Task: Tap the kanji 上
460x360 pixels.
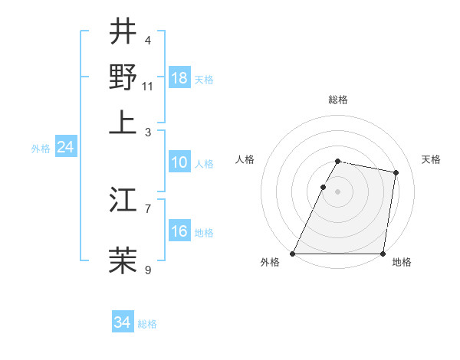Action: [123, 122]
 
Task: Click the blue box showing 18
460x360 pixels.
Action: [179, 77]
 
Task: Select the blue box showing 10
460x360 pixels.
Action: [179, 162]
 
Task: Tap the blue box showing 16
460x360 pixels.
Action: [179, 231]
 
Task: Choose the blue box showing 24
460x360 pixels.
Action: [65, 147]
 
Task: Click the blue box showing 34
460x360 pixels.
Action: [123, 322]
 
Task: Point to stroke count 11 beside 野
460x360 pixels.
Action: [148, 86]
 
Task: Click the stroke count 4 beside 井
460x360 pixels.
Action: [148, 40]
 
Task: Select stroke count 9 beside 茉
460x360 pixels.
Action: [148, 269]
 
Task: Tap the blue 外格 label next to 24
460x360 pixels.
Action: [41, 149]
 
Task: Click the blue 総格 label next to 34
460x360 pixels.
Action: [147, 324]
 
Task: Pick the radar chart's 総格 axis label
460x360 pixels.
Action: [338, 100]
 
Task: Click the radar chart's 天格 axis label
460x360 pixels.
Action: [431, 159]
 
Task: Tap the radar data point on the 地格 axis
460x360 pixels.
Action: [383, 254]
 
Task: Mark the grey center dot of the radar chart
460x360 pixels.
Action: [338, 191]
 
